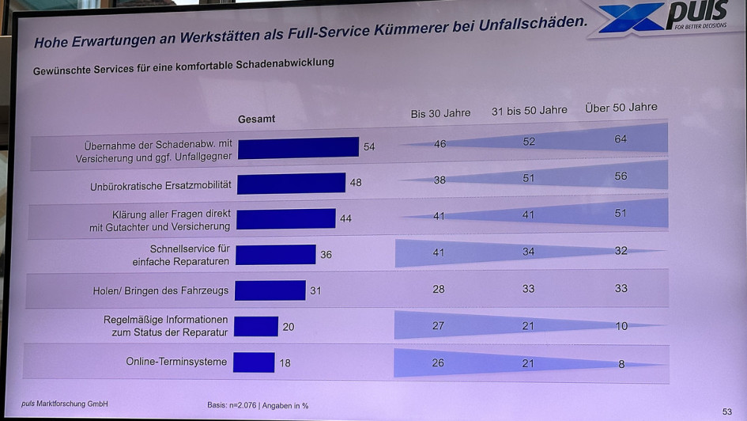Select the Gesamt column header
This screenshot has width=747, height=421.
pos(257,119)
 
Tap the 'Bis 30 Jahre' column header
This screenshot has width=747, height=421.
pos(440,113)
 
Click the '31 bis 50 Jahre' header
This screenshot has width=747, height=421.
pos(529,111)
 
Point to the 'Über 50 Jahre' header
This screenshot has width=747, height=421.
pos(621,108)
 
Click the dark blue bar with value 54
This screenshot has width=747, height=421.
pos(298,147)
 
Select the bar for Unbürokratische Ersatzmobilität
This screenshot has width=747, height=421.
pos(291,184)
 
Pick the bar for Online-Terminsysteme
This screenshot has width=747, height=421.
pos(254,362)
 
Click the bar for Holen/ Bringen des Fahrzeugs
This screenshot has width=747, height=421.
pos(270,290)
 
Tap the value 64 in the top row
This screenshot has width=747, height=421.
pos(621,139)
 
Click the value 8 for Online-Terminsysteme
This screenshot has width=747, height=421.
pos(621,364)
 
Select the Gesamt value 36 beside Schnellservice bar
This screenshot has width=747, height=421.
pos(326,255)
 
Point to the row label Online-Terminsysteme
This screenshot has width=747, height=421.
pos(176,362)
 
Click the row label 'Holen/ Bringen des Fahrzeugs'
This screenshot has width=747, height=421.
pos(160,290)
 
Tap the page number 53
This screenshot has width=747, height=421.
pos(726,412)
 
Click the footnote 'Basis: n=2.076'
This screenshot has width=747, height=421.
pos(233,406)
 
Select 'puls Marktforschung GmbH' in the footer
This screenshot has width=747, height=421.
pos(65,404)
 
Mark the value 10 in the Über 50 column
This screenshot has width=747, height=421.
pos(621,326)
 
